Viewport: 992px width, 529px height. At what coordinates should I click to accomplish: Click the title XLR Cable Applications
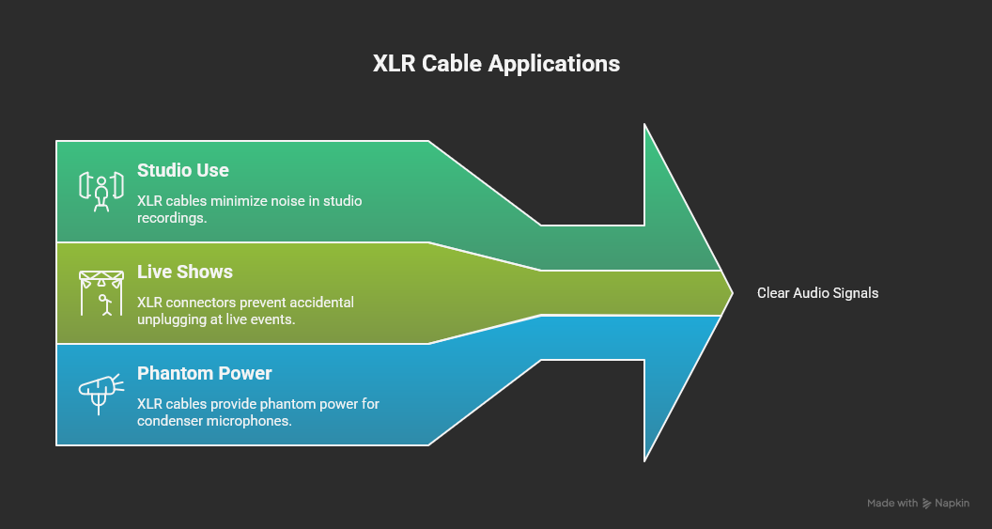pyautogui.click(x=496, y=64)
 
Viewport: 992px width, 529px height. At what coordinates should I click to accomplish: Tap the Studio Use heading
pyautogui.click(x=182, y=170)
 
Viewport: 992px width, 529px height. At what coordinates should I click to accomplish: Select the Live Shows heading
pyautogui.click(x=184, y=272)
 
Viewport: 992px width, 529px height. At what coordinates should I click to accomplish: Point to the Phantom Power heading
pyautogui.click(x=204, y=373)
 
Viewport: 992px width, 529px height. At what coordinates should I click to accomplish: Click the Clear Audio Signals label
pyautogui.click(x=817, y=293)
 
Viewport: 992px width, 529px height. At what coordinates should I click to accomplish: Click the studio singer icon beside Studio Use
pyautogui.click(x=101, y=191)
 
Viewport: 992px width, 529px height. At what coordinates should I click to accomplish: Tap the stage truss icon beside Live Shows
pyautogui.click(x=101, y=292)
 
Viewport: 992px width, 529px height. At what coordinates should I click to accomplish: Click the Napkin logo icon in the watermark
pyautogui.click(x=927, y=504)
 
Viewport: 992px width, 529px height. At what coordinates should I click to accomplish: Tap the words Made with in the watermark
pyautogui.click(x=892, y=504)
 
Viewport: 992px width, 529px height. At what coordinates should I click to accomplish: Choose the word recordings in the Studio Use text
pyautogui.click(x=171, y=218)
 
